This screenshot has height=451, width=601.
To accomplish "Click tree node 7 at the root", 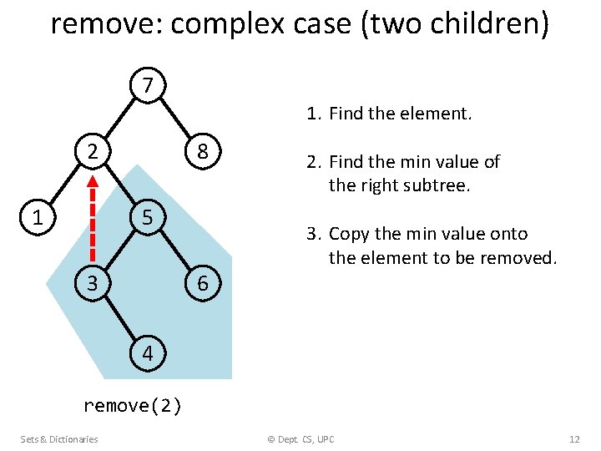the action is pos(148,85).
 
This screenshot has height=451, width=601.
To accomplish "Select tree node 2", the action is pos(93,152).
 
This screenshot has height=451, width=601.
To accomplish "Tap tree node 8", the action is pos(202,152).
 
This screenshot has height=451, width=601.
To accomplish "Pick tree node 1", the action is pos(37,218).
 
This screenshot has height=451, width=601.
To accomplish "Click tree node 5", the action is pos(147,218).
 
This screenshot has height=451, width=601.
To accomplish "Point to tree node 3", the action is pos(93,284).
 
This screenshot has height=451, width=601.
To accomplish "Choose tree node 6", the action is pos(202,284).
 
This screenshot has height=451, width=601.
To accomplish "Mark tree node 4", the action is pos(148,353).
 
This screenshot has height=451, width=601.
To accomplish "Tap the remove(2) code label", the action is pos(133,406).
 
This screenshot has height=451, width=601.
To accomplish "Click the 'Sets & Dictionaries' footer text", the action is pos(59,439).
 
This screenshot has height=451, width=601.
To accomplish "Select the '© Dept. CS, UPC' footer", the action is pos(300,439).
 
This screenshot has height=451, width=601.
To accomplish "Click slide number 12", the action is pos(574,439).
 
